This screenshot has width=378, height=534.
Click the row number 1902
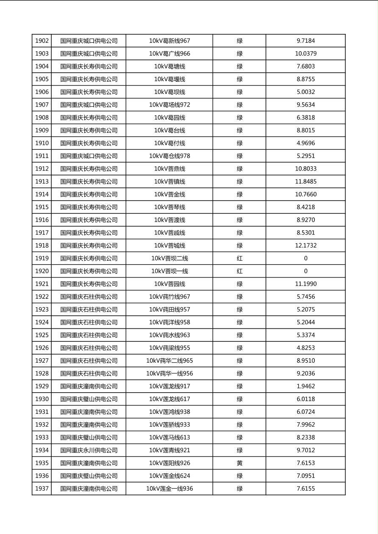(x=42, y=41)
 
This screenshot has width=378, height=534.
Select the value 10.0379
(x=306, y=54)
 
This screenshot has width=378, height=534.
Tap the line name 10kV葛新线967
(x=170, y=41)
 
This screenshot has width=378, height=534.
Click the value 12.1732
(x=306, y=245)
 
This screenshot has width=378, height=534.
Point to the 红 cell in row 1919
(x=239, y=258)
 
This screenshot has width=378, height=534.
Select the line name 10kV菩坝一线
(x=170, y=271)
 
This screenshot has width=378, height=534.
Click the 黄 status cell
(x=239, y=463)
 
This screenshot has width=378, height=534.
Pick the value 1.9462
(x=306, y=386)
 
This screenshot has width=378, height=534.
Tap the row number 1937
(x=42, y=489)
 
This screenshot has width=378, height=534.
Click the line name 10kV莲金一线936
(x=170, y=489)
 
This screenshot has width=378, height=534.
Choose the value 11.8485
(x=306, y=182)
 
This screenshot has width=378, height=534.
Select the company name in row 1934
(x=89, y=450)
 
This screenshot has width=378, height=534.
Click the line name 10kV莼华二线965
(x=170, y=361)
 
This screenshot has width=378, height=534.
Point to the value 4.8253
(x=306, y=348)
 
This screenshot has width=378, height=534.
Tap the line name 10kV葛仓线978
(x=170, y=156)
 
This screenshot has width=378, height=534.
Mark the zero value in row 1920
(x=306, y=271)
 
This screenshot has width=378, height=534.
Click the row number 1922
(x=42, y=297)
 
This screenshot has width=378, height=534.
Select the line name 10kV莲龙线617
(x=170, y=399)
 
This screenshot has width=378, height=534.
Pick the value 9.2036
(x=306, y=374)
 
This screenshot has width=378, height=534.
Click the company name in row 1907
(x=89, y=105)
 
